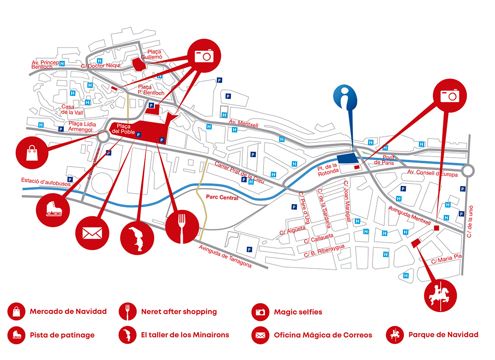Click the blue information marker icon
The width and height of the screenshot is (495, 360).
tap(345, 97)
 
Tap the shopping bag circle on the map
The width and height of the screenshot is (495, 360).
tap(32, 153)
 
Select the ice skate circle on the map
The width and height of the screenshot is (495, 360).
tap(53, 210)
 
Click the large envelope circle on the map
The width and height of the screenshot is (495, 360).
tap(92, 233)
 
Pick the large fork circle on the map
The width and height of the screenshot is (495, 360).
tap(182, 227)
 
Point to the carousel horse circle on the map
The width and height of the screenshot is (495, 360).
tap(440, 296)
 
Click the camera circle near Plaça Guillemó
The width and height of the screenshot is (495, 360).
tap(204, 56)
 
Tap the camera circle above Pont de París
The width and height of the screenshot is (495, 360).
tap(449, 96)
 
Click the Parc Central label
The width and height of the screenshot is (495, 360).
tap(222, 197)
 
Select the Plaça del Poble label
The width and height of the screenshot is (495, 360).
tap(123, 129)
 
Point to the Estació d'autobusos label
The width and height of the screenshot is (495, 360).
tap(46, 182)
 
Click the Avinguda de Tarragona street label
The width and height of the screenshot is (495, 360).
tap(225, 256)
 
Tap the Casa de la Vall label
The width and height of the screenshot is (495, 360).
tap(72, 109)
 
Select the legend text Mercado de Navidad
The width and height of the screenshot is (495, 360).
tap(68, 312)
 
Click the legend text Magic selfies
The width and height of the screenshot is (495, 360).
tap(298, 312)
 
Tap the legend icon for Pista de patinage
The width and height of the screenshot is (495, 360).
tap(16, 335)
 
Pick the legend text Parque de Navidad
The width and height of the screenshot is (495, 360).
tap(443, 335)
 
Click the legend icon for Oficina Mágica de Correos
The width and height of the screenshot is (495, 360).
tap(261, 335)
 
